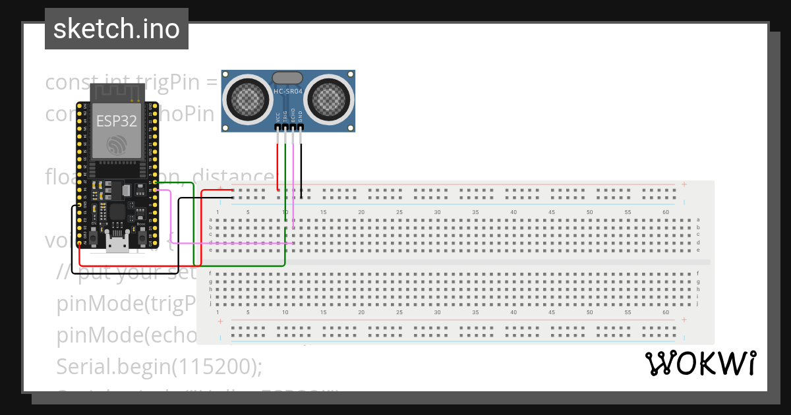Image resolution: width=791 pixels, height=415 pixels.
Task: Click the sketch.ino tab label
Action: click(x=117, y=29)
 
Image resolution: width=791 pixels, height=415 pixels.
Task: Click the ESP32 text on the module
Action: click(x=117, y=121)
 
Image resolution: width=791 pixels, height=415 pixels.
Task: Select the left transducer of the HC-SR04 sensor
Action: click(x=247, y=99)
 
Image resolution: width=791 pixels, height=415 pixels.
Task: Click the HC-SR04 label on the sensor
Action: click(x=289, y=92)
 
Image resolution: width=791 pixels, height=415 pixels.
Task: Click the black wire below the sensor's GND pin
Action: click(x=301, y=165)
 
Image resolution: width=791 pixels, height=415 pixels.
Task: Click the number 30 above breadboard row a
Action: click(x=437, y=212)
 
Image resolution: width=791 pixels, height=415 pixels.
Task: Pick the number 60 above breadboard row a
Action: click(x=666, y=212)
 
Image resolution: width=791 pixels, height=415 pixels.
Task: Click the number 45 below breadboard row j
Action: click(x=551, y=313)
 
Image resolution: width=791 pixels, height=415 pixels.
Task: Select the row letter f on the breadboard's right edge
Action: click(x=698, y=273)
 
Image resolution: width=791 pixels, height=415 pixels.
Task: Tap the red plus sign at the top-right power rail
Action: click(x=684, y=184)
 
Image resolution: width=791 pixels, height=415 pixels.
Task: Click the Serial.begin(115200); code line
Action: click(x=160, y=366)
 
